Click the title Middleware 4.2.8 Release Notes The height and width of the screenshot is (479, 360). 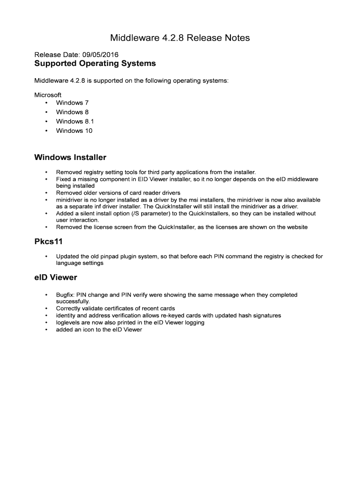point(180,38)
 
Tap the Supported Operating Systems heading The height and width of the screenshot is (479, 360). point(95,63)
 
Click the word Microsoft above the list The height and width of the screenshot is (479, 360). point(48,94)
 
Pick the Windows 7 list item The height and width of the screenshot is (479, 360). point(72,102)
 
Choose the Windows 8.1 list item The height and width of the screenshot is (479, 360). point(75,121)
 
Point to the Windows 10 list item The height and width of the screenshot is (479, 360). point(74,131)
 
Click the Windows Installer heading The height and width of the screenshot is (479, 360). point(70,157)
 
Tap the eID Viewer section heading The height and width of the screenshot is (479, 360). point(56,277)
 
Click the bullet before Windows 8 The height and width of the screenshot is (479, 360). point(46,112)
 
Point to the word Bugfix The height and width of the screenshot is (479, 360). point(65,295)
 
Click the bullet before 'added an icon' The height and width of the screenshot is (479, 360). point(46,330)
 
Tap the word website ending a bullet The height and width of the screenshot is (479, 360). point(295,227)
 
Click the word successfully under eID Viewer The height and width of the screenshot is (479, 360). point(72,302)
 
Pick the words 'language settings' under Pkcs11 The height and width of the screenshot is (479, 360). point(79,263)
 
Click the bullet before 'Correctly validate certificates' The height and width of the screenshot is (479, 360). point(46,309)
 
